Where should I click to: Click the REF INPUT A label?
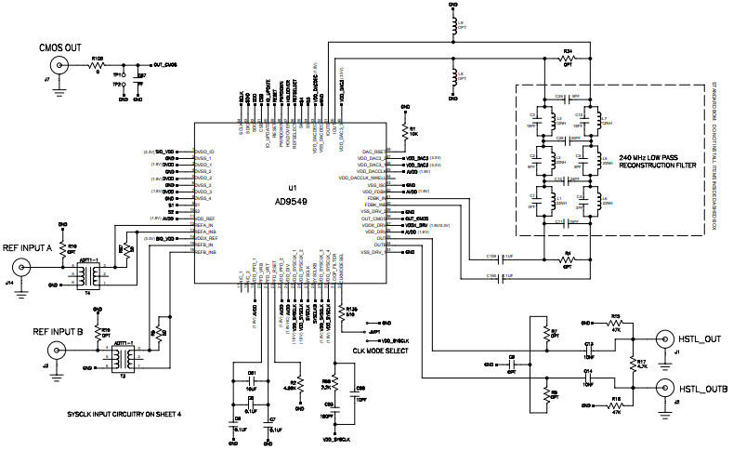pos(36,247)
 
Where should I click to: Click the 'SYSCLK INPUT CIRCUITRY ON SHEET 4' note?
pos(124,413)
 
